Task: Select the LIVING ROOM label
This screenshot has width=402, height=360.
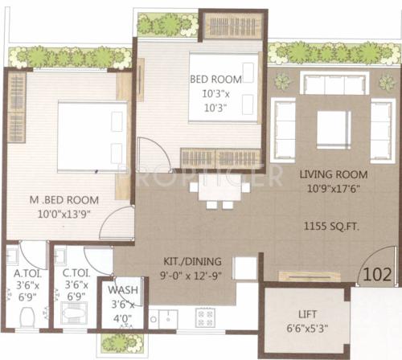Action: [x=334, y=174]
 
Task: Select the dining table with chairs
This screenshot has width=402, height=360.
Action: [x=219, y=190]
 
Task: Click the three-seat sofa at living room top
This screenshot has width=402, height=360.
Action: [x=334, y=82]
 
